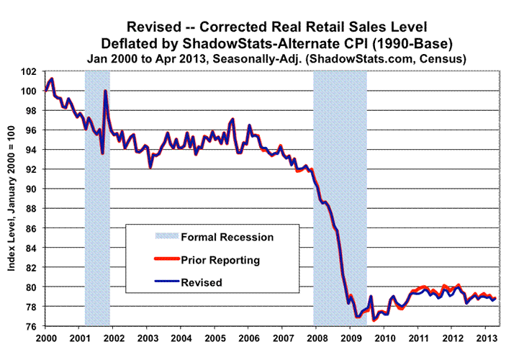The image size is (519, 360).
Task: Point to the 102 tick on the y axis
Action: (31, 71)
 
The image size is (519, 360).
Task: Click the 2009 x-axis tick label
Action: (350, 337)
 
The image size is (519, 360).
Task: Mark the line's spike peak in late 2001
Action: (105, 91)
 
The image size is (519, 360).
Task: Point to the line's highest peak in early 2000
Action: (52, 78)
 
